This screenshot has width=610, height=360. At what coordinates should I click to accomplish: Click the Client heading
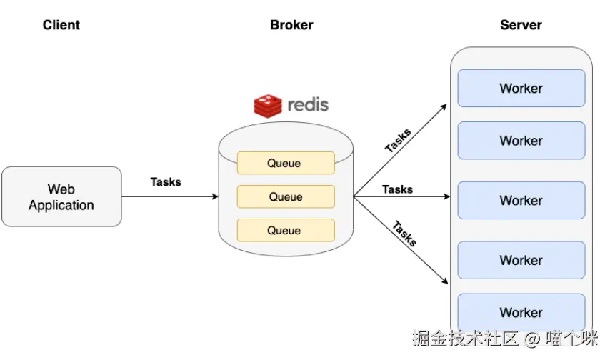pyautogui.click(x=61, y=25)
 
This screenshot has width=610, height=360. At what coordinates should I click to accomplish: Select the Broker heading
pyautogui.click(x=291, y=25)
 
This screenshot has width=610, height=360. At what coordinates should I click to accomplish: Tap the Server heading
pyautogui.click(x=521, y=25)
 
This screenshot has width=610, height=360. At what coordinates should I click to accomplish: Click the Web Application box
pyautogui.click(x=61, y=197)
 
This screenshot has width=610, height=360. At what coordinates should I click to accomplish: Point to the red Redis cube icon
pyautogui.click(x=268, y=105)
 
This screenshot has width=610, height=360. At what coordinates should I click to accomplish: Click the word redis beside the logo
pyautogui.click(x=308, y=105)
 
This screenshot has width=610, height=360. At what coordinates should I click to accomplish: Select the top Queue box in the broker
pyautogui.click(x=285, y=163)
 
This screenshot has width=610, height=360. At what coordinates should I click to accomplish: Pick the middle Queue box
pyautogui.click(x=285, y=196)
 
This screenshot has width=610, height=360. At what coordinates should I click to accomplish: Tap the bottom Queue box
pyautogui.click(x=285, y=230)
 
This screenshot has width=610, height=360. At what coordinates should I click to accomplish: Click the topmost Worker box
pyautogui.click(x=521, y=89)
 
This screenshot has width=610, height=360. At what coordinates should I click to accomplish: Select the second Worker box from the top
pyautogui.click(x=521, y=141)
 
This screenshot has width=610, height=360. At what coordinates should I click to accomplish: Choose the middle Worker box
pyautogui.click(x=521, y=201)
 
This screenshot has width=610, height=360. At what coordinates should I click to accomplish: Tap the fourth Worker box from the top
pyautogui.click(x=521, y=260)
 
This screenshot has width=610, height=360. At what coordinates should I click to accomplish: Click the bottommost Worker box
pyautogui.click(x=521, y=313)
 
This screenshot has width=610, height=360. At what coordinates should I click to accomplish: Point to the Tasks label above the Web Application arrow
pyautogui.click(x=166, y=182)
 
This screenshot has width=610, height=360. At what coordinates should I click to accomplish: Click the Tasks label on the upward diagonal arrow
pyautogui.click(x=398, y=141)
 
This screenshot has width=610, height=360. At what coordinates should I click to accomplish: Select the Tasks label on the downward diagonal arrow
pyautogui.click(x=404, y=234)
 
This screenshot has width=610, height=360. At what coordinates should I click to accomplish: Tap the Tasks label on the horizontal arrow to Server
pyautogui.click(x=397, y=189)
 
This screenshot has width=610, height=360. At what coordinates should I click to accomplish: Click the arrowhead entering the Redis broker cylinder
pyautogui.click(x=214, y=196)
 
